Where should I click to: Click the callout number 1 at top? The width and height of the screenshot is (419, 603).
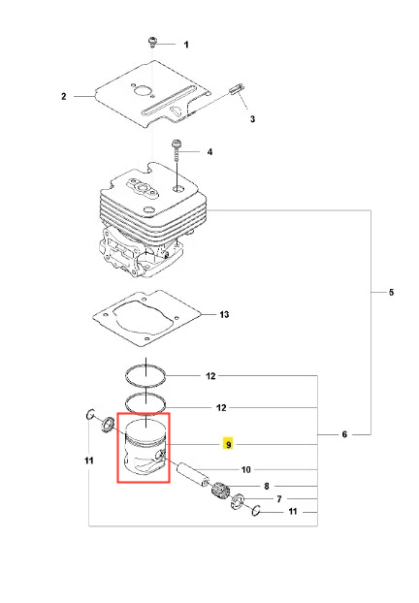pos(186,45)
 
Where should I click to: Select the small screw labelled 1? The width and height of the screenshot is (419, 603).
pos(153,42)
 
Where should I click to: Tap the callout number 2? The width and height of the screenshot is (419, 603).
pos(63,96)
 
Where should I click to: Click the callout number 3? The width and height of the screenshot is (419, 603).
pos(252,119)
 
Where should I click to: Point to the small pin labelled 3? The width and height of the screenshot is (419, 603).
pos(236,88)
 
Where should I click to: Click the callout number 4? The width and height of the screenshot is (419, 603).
pos(209,152)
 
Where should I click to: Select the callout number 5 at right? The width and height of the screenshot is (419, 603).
pos(391,292)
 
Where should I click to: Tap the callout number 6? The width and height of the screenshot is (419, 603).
pos(344,434)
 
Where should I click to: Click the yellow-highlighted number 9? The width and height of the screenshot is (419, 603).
pos(229,444)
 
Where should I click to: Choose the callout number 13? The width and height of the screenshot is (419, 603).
pos(224,314)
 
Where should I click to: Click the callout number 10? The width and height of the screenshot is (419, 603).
pos(245,469)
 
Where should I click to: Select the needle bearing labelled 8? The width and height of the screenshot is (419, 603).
pos(221,491)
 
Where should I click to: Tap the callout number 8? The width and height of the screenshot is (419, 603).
pos(267,486)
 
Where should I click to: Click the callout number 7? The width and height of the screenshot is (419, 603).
pos(279,499)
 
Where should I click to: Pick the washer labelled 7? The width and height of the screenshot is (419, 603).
pos(237,501)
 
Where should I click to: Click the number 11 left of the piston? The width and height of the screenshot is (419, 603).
pos(89,460)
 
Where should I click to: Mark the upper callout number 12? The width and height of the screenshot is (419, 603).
pos(210,376)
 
